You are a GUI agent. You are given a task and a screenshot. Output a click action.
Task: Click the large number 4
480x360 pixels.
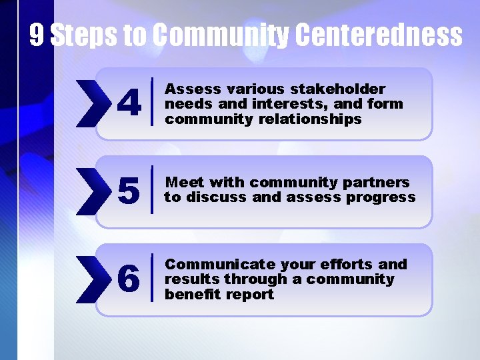point(129,103)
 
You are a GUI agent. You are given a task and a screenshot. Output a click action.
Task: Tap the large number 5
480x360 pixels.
point(129,191)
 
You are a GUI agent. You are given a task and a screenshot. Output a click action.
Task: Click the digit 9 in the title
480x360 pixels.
point(37,35)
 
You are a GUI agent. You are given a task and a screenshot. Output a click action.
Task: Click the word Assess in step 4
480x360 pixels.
point(185,89)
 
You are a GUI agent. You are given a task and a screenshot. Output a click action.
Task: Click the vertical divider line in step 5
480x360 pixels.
point(153,191)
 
